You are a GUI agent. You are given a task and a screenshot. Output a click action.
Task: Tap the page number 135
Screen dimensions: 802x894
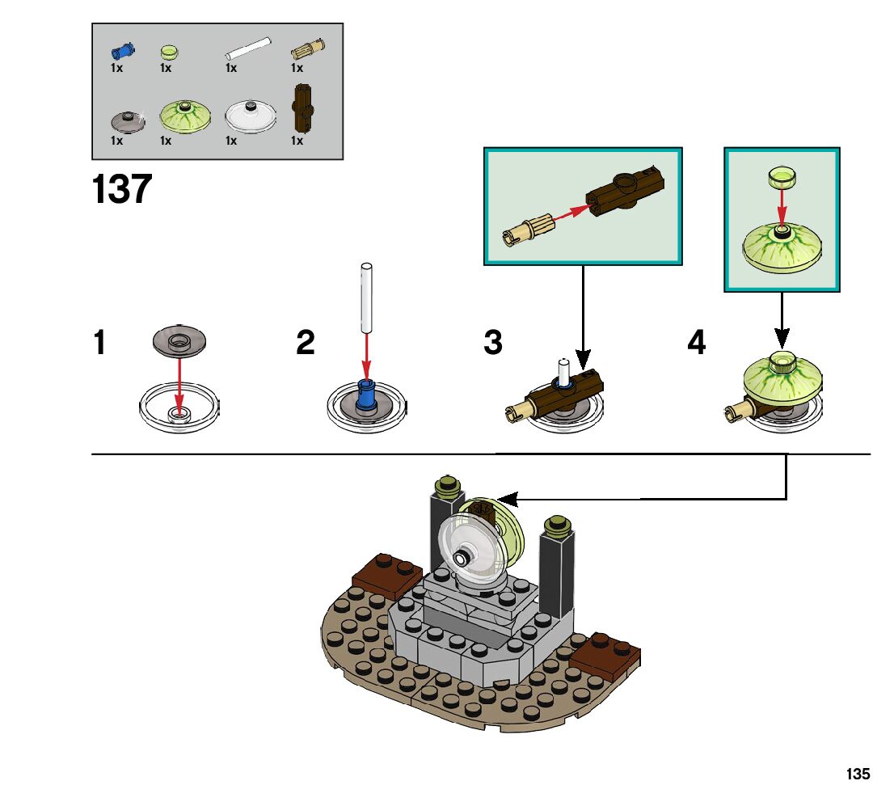(x=858, y=774)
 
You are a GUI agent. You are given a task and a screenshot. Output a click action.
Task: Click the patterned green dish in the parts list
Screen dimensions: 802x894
(x=186, y=116)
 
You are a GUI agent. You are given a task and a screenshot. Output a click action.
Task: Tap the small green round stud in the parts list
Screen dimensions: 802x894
(x=169, y=53)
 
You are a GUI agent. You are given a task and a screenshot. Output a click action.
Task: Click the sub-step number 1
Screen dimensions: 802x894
(x=99, y=343)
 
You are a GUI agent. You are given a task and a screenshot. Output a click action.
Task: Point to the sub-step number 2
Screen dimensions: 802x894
(x=305, y=343)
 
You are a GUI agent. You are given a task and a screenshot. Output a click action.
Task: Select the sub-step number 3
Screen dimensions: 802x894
(x=492, y=343)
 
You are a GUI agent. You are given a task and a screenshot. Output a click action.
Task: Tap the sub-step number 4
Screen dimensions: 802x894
(x=696, y=343)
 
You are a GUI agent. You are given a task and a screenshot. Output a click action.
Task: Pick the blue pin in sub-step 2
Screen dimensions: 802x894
(x=367, y=395)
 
